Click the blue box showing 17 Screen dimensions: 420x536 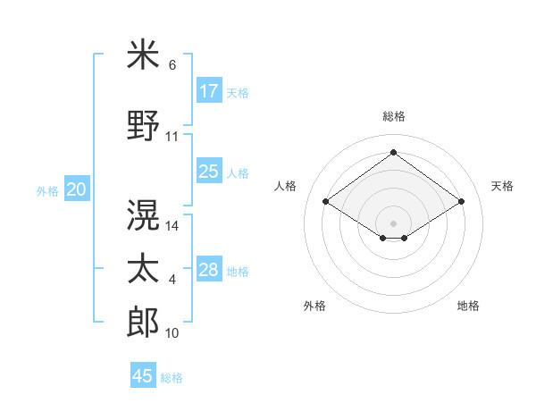209,91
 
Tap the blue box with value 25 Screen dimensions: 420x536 209,172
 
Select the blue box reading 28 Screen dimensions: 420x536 209,270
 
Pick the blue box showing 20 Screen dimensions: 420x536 77,189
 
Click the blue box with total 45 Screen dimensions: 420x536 143,376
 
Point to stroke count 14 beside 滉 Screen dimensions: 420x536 173,226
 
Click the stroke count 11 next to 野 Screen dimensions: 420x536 172,137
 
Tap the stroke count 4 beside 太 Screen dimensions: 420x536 172,280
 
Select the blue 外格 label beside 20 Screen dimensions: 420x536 47,190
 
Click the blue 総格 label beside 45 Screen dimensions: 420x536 172,377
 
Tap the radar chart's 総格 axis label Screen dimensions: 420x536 393,116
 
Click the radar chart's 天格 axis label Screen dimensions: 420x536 502,186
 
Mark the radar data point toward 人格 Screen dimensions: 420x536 326,202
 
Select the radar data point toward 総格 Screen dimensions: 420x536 393,153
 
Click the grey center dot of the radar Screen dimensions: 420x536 393,222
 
